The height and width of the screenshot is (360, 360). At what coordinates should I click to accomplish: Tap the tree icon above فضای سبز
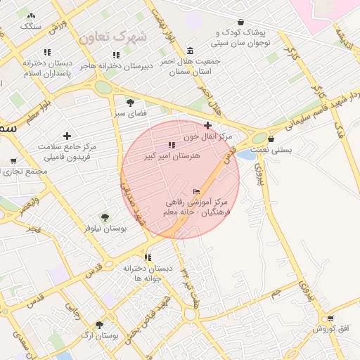pyautogui.click(x=130, y=102)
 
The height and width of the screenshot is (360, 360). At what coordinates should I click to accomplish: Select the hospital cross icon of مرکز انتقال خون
pyautogui.click(x=207, y=125)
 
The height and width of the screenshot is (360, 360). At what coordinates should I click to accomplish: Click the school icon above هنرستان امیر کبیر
pyautogui.click(x=172, y=145)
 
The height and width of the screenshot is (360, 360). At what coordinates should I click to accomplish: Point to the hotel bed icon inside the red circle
pyautogui.click(x=196, y=191)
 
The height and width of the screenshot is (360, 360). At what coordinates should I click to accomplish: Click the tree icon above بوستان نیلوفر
pyautogui.click(x=105, y=218)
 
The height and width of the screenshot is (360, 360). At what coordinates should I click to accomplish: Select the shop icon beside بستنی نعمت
pyautogui.click(x=271, y=139)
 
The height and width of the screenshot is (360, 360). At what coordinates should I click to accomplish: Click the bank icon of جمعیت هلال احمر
pyautogui.click(x=191, y=51)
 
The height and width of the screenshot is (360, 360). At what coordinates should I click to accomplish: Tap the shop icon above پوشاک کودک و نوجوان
pyautogui.click(x=241, y=22)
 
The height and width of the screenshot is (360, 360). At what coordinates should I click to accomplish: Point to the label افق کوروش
pyautogui.click(x=328, y=328)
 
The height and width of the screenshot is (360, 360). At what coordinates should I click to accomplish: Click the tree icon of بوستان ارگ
pyautogui.click(x=99, y=325)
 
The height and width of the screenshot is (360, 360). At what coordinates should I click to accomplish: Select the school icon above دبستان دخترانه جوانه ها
pyautogui.click(x=148, y=257)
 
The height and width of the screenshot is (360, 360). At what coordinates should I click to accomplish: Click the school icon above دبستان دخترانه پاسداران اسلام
pyautogui.click(x=47, y=52)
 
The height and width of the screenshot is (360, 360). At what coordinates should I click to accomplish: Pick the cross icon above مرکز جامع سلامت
pyautogui.click(x=67, y=136)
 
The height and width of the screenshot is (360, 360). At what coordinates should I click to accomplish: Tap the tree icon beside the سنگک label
pyautogui.click(x=31, y=15)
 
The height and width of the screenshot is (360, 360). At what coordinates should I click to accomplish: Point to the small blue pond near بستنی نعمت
pyautogui.click(x=245, y=154)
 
